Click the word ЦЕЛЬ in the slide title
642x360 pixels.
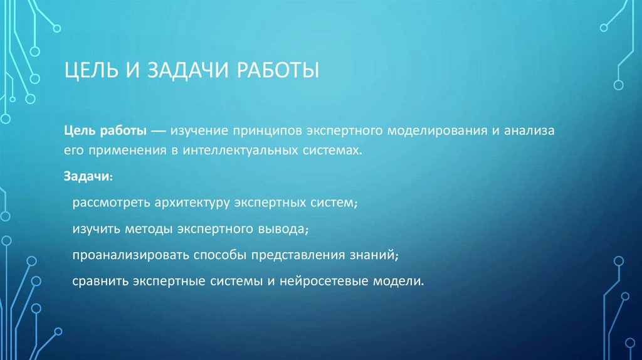tap(91, 71)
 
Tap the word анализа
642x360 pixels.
tap(533, 130)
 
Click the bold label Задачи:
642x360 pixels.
tap(88, 177)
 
